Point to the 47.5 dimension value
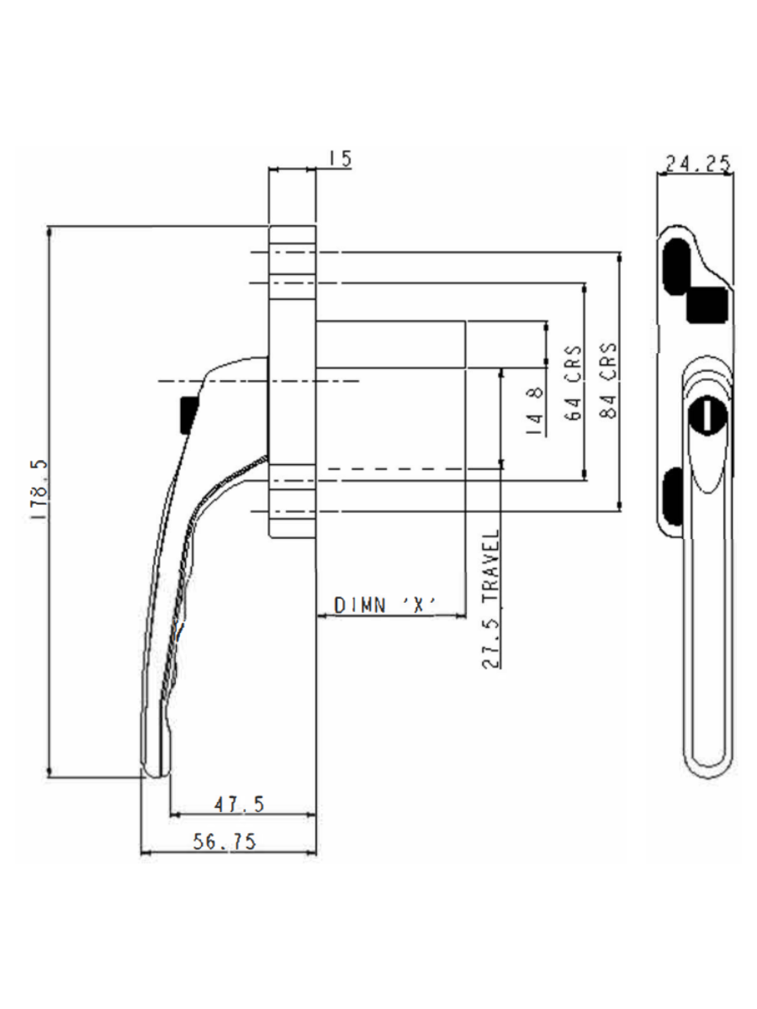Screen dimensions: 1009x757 coord(239,805)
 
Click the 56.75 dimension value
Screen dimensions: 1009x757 coord(225,842)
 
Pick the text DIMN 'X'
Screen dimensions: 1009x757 coord(388,606)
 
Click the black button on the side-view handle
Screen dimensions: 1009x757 coord(188,415)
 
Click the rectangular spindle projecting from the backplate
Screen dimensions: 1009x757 coord(391,344)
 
